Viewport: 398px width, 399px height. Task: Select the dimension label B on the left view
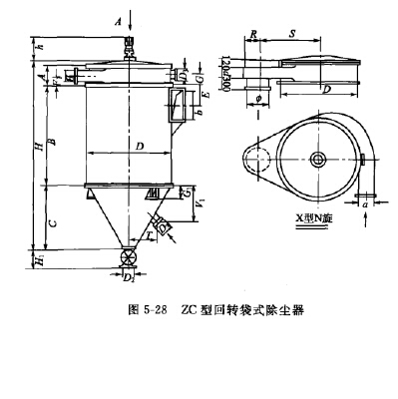(53, 141)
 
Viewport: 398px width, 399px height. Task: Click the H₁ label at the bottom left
(39, 259)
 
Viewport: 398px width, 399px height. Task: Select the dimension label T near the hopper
(150, 233)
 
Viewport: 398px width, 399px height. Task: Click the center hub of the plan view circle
(318, 161)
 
